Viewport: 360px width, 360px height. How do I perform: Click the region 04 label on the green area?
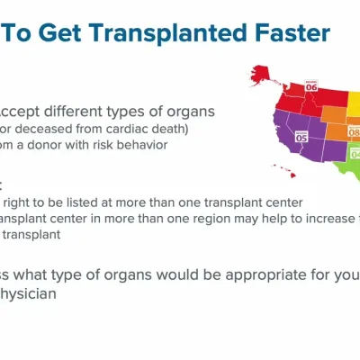point(355,154)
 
